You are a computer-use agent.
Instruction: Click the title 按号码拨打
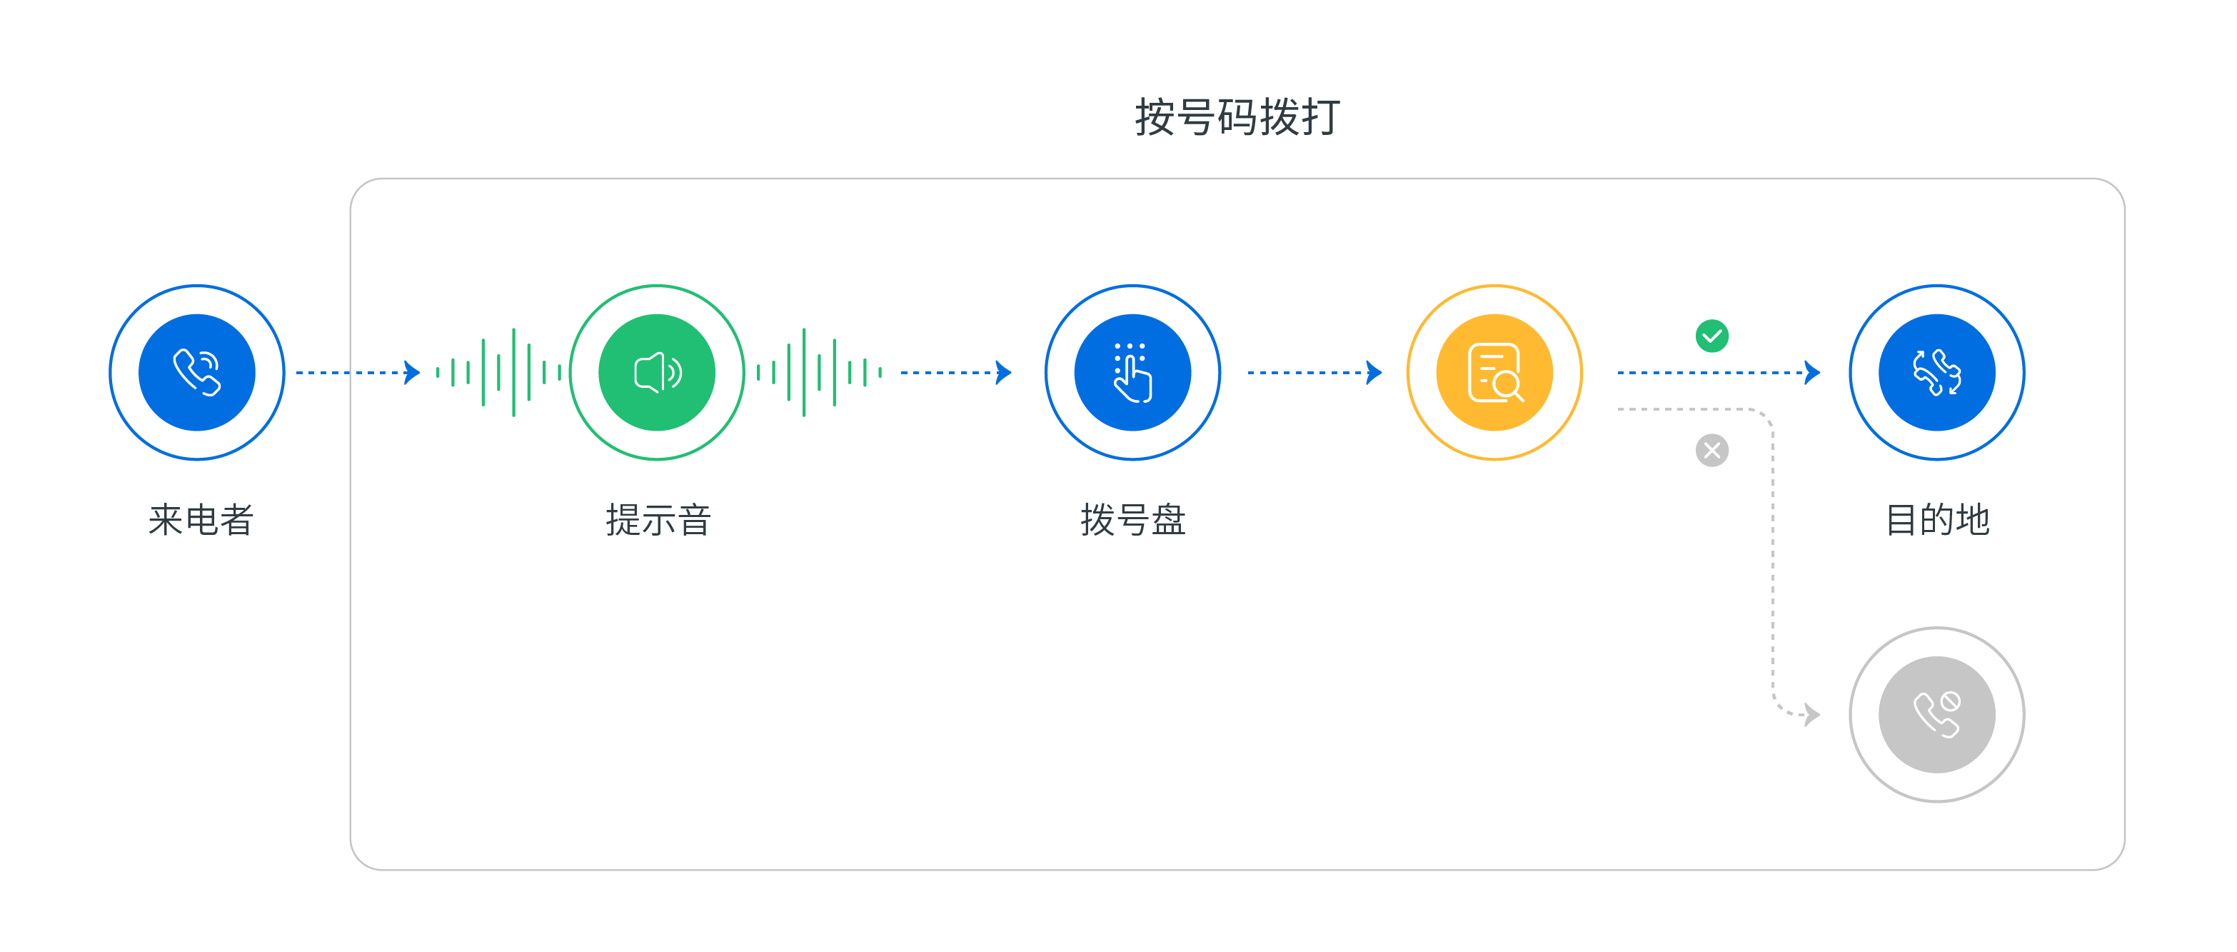point(1237,116)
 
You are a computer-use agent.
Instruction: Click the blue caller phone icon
point(197,373)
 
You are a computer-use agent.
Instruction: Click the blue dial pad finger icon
point(1132,373)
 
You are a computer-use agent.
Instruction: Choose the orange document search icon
point(1494,373)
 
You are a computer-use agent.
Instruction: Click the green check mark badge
point(1711,335)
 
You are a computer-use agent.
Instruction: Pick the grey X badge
point(1711,450)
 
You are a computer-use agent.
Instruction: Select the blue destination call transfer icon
point(1936,373)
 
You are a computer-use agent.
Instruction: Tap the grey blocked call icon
point(1936,714)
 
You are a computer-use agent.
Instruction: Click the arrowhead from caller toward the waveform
point(413,373)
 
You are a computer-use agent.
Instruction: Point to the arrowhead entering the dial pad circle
point(1004,373)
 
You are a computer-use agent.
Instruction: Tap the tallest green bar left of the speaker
point(513,373)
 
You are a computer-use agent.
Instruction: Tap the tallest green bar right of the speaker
point(804,373)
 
